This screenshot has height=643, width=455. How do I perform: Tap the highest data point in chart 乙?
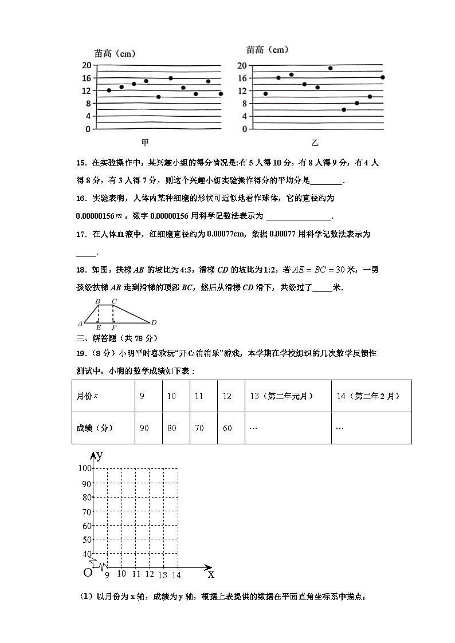330,68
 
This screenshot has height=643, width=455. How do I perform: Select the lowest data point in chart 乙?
344,109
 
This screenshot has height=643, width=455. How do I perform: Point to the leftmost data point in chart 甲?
109,90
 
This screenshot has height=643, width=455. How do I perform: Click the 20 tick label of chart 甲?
87,65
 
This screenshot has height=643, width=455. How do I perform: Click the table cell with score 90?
144,428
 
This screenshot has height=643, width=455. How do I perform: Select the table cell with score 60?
227,428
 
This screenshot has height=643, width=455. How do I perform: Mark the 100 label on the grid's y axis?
85,468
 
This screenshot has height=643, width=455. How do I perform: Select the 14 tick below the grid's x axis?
176,575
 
